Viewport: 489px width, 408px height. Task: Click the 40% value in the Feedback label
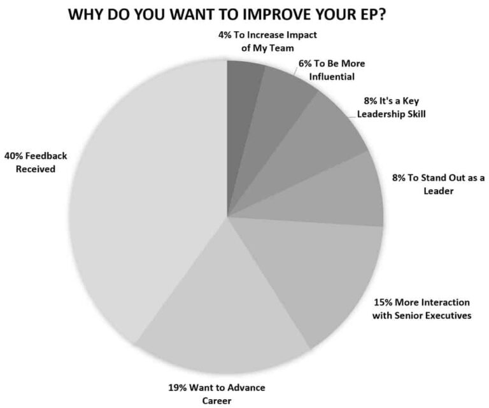pyautogui.click(x=15, y=156)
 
